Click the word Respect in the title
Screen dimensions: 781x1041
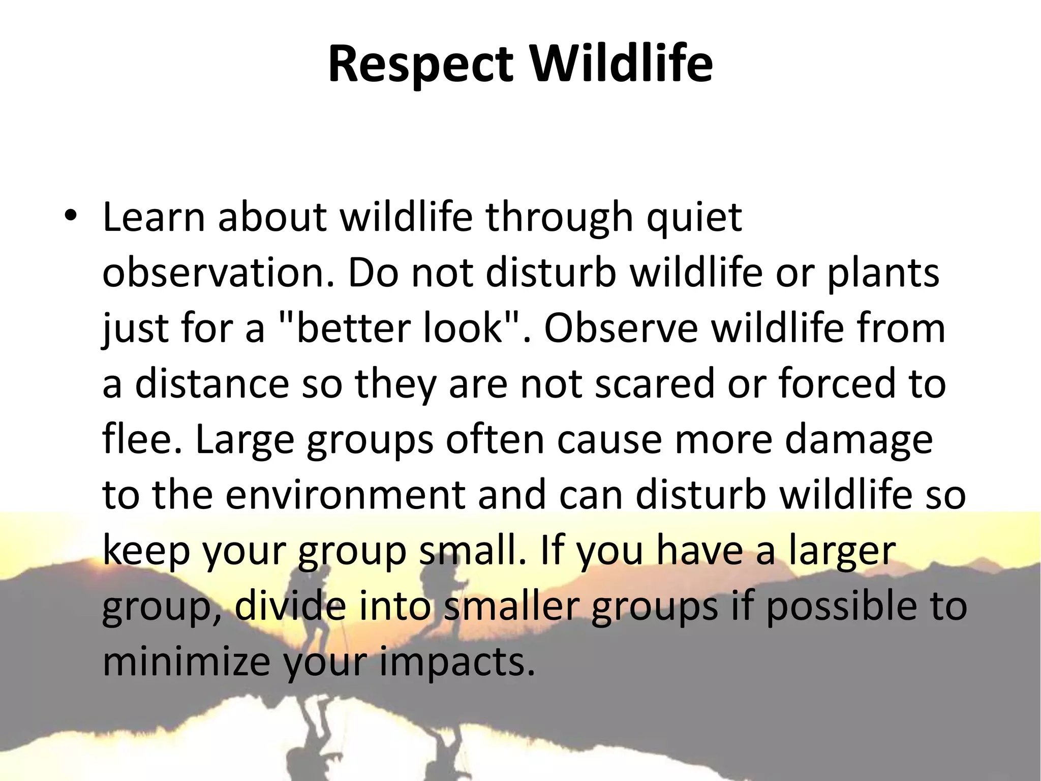click(x=420, y=65)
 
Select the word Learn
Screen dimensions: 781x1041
click(x=154, y=218)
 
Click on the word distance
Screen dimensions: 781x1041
click(x=212, y=384)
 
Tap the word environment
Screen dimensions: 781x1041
click(x=345, y=495)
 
